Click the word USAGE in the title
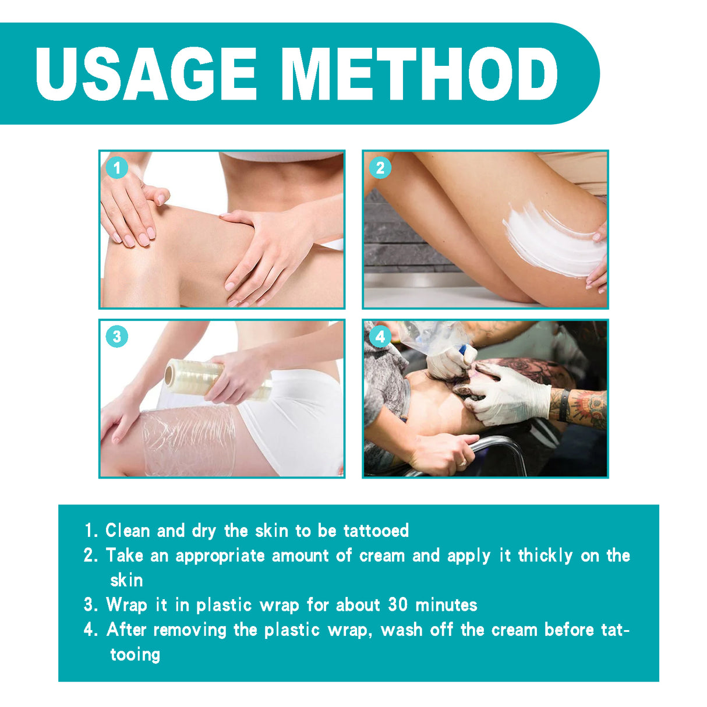point(146,74)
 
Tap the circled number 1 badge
point(117,169)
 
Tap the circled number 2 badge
point(380,168)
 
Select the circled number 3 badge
point(117,337)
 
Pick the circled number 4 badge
point(380,337)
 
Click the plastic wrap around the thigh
point(186,440)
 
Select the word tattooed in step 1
point(376,531)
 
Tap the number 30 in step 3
point(398,605)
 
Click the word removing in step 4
point(190,630)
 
